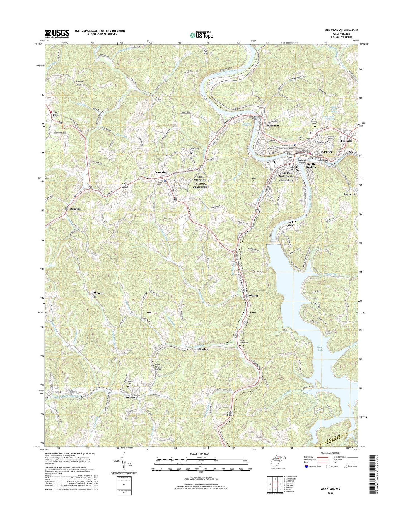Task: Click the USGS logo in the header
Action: point(57,34)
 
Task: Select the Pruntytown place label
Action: point(162,172)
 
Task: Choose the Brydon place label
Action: point(203,349)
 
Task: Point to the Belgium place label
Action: point(75,209)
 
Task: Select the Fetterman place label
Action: point(272,126)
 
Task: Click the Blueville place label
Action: point(346,141)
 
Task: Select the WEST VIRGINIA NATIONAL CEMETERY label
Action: point(200,182)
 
